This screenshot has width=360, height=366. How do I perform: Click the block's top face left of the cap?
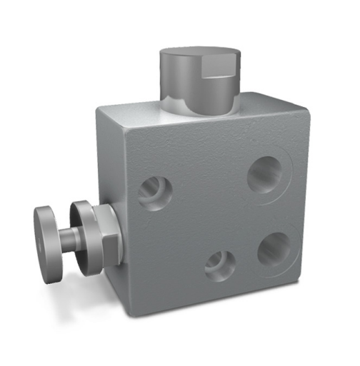tap(136, 114)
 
